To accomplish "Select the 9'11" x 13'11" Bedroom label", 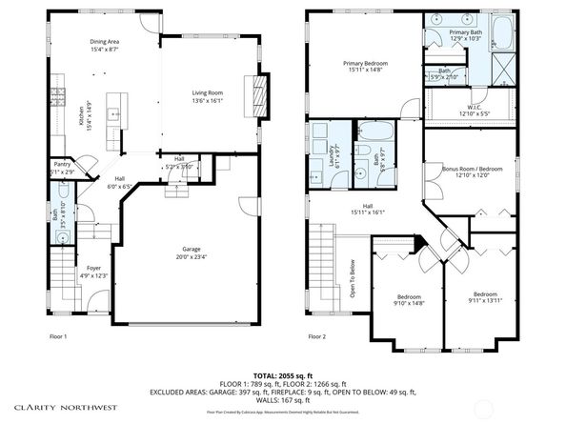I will pyautogui.click(x=485, y=296).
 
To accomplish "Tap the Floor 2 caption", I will pyautogui.click(x=316, y=336).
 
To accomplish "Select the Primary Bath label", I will pyautogui.click(x=466, y=34).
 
